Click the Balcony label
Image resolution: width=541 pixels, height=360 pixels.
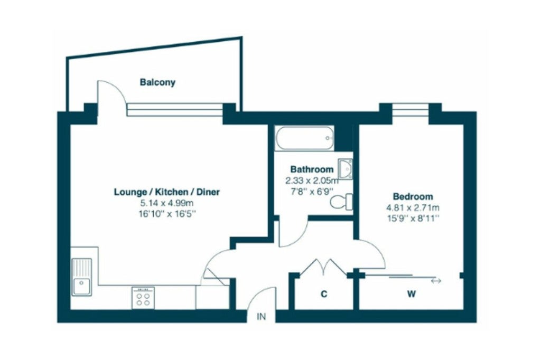click(157, 82)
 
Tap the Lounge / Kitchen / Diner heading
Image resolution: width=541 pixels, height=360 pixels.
click(166, 192)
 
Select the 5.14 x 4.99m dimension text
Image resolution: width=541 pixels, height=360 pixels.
click(166, 203)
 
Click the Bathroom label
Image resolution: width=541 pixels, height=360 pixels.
click(312, 169)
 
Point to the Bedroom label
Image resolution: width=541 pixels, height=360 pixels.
click(413, 196)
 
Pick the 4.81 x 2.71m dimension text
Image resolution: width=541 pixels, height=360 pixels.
click(413, 207)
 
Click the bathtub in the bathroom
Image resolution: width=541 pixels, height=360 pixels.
click(304, 138)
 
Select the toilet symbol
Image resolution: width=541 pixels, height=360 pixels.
click(342, 202)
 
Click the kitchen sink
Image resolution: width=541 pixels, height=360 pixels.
click(82, 277)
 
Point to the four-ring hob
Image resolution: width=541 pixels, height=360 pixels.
click(143, 298)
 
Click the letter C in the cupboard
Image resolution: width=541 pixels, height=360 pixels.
click(324, 294)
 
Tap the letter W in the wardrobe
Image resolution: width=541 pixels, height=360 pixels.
click(411, 294)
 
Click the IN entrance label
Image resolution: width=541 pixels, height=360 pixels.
click(262, 316)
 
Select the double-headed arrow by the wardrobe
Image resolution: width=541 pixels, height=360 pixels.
click(436, 281)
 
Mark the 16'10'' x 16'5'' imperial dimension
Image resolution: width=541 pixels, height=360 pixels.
click(167, 214)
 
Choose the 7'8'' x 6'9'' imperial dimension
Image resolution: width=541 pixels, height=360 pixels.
click(312, 191)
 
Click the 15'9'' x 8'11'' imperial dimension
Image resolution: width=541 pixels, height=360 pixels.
click(413, 219)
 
